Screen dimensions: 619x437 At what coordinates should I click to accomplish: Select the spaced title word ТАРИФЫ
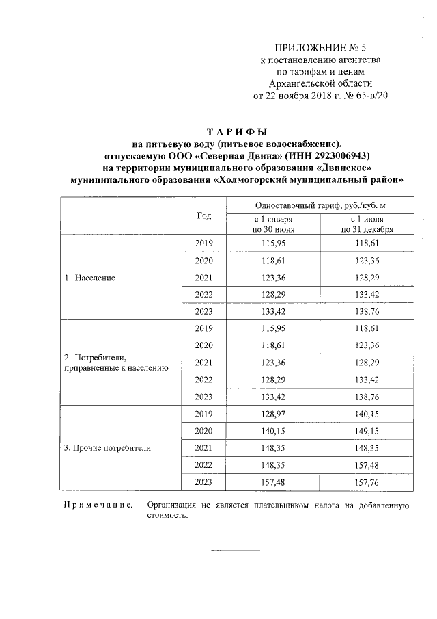(237, 131)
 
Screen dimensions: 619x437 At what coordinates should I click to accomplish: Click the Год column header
(203, 215)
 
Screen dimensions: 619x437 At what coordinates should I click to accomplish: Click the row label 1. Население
(89, 278)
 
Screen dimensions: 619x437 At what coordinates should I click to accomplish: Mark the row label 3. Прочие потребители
(107, 448)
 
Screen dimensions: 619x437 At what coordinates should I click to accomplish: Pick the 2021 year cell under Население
(203, 278)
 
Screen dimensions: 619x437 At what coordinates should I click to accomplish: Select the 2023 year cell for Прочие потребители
(203, 482)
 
